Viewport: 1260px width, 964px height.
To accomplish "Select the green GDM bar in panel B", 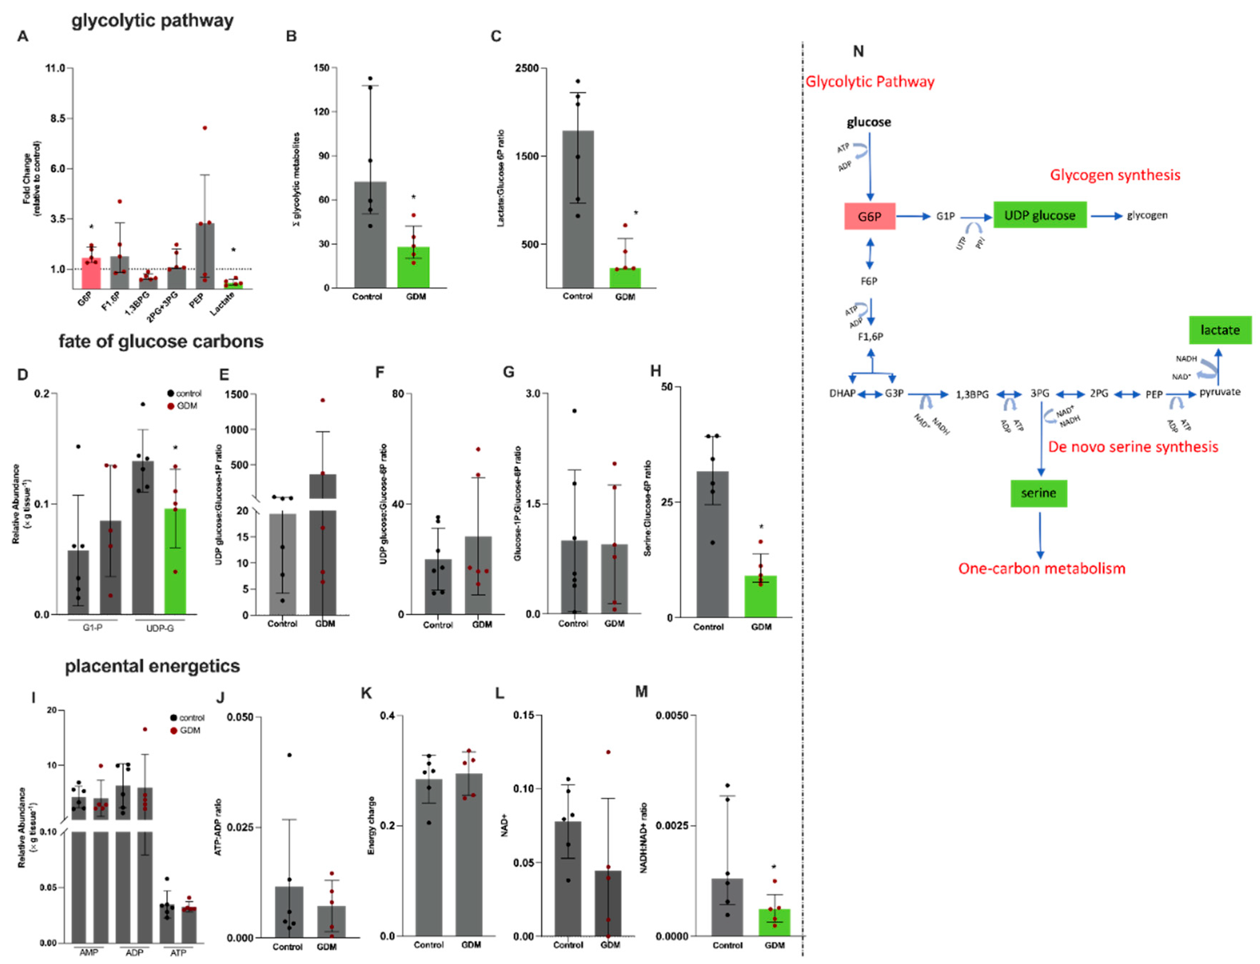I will tap(413, 267).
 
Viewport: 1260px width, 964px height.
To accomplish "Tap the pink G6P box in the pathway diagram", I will tap(869, 216).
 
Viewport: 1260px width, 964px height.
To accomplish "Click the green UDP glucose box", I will tap(1039, 215).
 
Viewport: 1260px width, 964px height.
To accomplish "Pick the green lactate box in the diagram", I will tap(1219, 330).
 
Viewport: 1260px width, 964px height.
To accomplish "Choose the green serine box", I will tap(1038, 493).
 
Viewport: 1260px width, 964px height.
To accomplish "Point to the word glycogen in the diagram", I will tap(1147, 215).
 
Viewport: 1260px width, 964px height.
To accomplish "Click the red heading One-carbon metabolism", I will tap(1041, 569).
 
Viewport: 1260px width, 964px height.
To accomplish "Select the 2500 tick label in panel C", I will tap(527, 68).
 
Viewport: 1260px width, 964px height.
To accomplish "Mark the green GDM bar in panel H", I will tap(760, 597).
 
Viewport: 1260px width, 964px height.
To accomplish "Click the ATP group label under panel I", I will tap(178, 953).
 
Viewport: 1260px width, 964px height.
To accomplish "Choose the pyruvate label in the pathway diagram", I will tap(1220, 392).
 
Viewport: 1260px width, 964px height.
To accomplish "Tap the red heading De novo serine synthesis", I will tap(1133, 447).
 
